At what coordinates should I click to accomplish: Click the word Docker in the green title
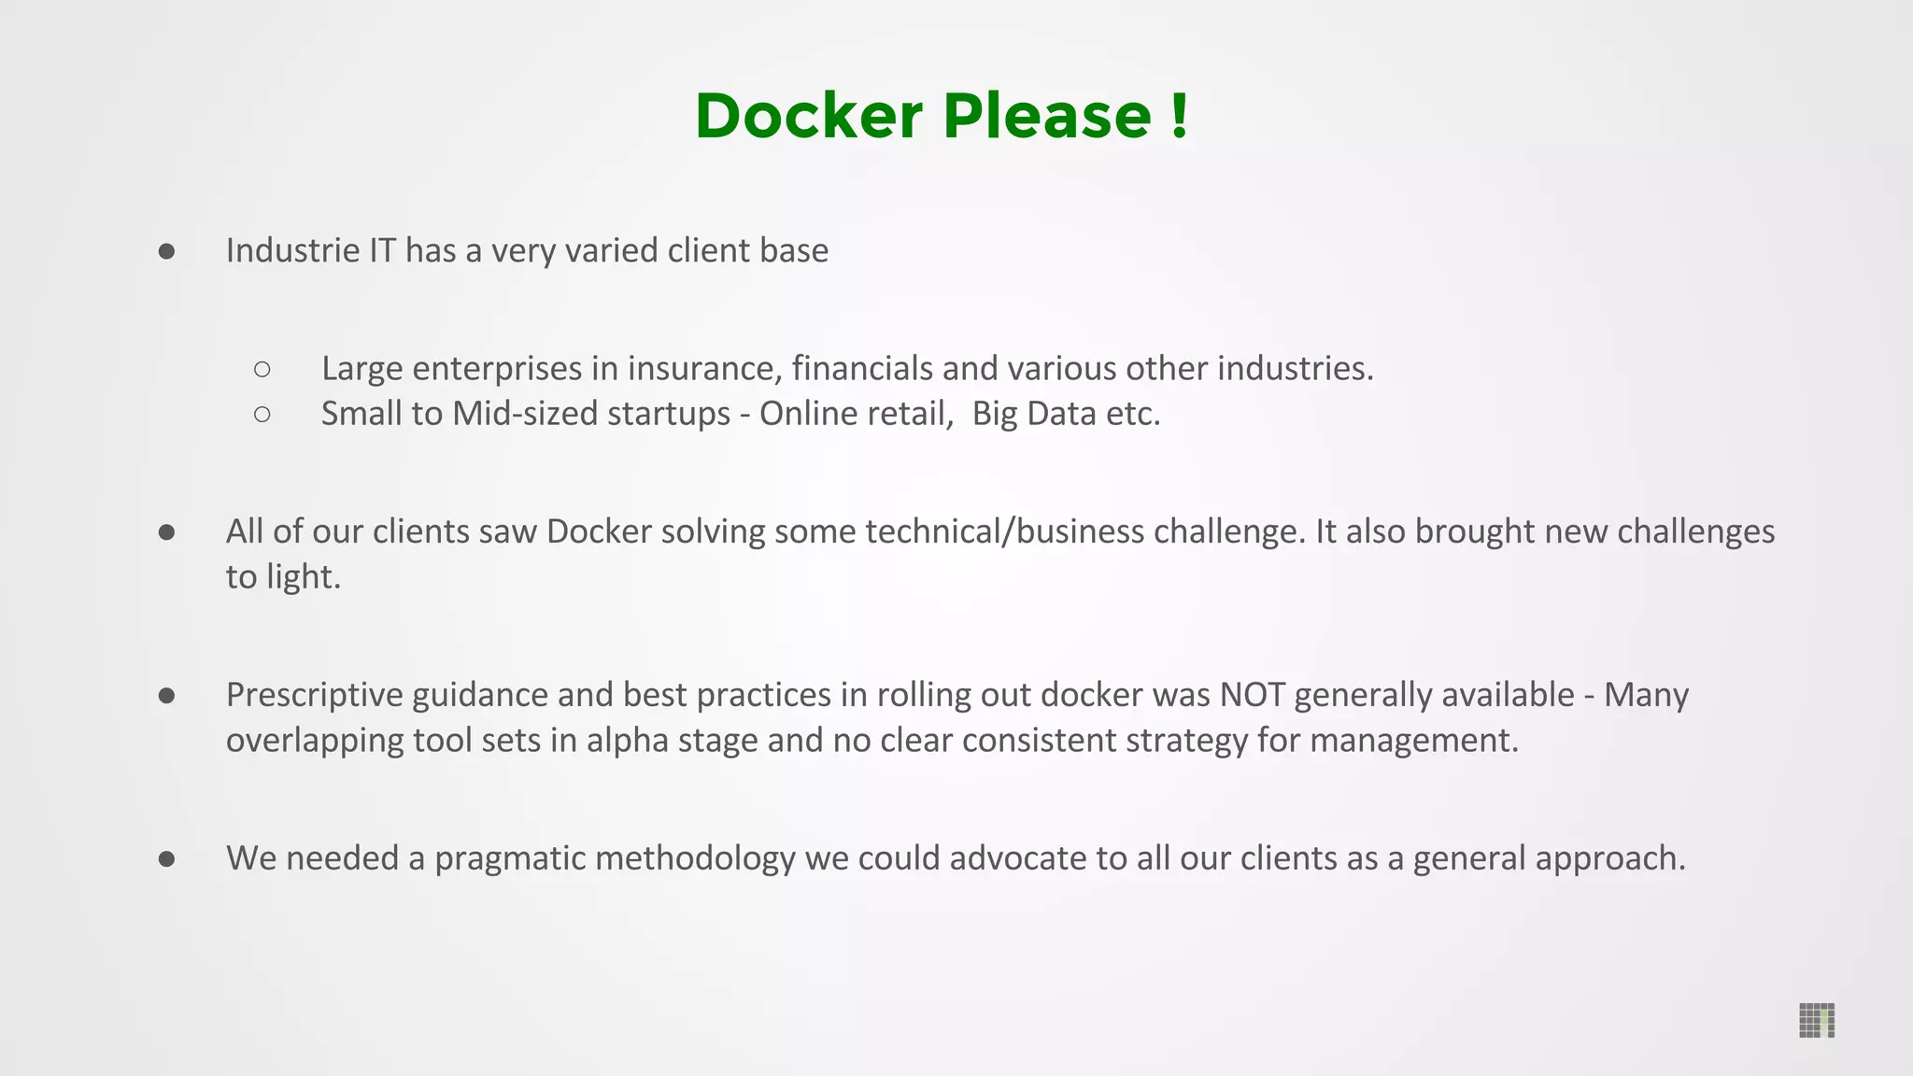[x=809, y=116]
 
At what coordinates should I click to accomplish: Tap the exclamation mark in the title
[x=1179, y=116]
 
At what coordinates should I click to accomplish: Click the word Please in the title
[x=1047, y=116]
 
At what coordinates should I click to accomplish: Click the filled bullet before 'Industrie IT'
[x=167, y=251]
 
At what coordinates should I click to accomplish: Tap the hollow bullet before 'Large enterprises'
[x=262, y=370]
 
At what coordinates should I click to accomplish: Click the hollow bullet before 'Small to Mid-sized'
[x=262, y=414]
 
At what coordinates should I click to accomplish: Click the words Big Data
[x=1033, y=414]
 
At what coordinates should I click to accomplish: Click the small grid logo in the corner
[x=1817, y=1020]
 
